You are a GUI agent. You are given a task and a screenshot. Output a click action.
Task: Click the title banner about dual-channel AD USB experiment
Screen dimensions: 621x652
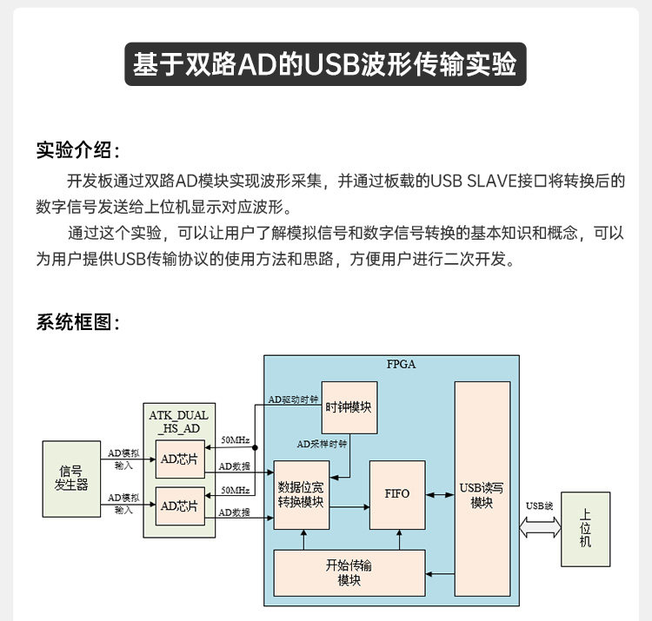(x=325, y=64)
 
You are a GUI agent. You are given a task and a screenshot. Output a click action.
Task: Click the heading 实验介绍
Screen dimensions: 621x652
(x=77, y=149)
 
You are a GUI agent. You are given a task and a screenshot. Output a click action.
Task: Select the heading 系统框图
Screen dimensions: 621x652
(x=77, y=321)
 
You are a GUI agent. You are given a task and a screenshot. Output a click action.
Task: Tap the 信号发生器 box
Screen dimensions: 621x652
(x=71, y=479)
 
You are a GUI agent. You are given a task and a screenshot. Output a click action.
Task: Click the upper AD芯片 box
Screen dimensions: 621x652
(x=180, y=460)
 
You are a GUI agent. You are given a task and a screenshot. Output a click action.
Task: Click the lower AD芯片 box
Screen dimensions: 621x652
(x=180, y=505)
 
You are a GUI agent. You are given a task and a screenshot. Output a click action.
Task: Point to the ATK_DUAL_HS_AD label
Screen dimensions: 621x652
(x=179, y=422)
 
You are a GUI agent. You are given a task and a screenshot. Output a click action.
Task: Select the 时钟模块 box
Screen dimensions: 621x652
(x=349, y=407)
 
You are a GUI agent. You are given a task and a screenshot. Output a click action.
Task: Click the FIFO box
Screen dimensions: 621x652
(x=397, y=494)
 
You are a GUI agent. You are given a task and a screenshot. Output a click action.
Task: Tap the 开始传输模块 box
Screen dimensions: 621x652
(x=349, y=572)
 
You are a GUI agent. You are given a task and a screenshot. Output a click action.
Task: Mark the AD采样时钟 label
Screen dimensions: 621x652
(x=322, y=444)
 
